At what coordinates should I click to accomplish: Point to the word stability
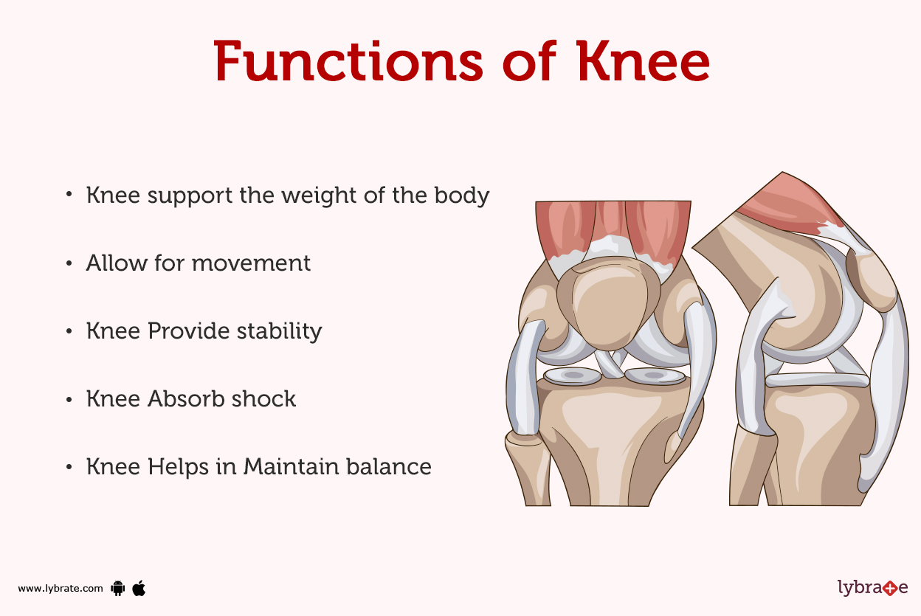pyautogui.click(x=279, y=331)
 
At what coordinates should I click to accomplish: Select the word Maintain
pyautogui.click(x=287, y=466)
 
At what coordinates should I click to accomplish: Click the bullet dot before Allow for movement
pyautogui.click(x=69, y=263)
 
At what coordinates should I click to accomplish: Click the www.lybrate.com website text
pyautogui.click(x=61, y=588)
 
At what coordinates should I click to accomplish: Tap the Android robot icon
pyautogui.click(x=117, y=588)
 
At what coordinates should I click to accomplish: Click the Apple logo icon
pyautogui.click(x=139, y=587)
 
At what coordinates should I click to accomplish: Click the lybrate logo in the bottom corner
pyautogui.click(x=872, y=587)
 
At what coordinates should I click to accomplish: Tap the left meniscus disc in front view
pyautogui.click(x=573, y=376)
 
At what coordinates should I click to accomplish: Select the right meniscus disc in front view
pyautogui.click(x=654, y=376)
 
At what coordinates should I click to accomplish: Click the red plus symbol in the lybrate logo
pyautogui.click(x=894, y=588)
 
